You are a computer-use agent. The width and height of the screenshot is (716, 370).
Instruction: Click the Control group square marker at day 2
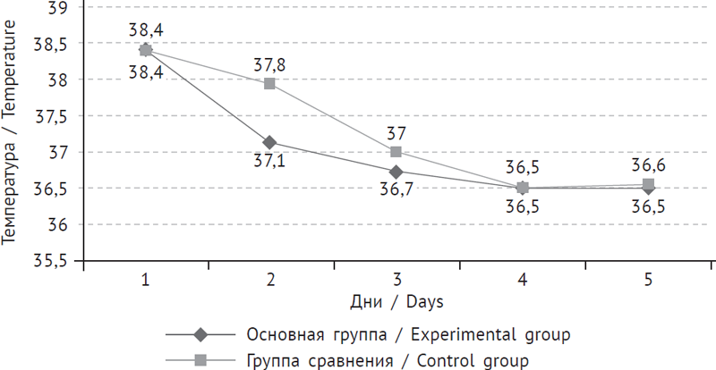pyautogui.click(x=270, y=84)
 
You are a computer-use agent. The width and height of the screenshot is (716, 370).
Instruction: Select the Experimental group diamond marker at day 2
pyautogui.click(x=270, y=143)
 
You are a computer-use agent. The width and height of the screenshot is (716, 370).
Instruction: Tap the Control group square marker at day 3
pyautogui.click(x=396, y=152)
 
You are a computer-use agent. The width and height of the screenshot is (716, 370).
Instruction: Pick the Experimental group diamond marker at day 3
pyautogui.click(x=396, y=172)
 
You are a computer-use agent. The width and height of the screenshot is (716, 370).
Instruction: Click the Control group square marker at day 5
pyautogui.click(x=648, y=185)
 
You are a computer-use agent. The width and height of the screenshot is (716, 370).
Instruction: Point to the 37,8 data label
pyautogui.click(x=270, y=64)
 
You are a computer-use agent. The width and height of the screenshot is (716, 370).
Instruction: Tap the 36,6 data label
pyautogui.click(x=648, y=165)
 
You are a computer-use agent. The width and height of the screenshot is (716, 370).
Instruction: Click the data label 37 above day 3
pyautogui.click(x=396, y=133)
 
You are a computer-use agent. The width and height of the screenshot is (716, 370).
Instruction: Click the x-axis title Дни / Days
pyautogui.click(x=396, y=302)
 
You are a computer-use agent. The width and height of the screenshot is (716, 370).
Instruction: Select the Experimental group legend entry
pyautogui.click(x=408, y=335)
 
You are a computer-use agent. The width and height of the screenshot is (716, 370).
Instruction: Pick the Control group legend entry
pyautogui.click(x=387, y=360)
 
